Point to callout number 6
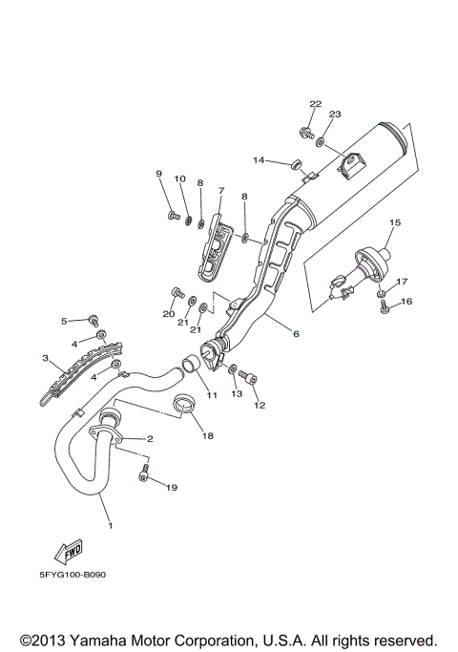point(296,334)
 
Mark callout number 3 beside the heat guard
point(45,358)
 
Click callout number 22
point(316,103)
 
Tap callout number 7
point(220,190)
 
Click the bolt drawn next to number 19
point(144,475)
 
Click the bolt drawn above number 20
point(175,292)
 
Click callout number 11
point(212,394)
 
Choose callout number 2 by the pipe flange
point(149,439)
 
